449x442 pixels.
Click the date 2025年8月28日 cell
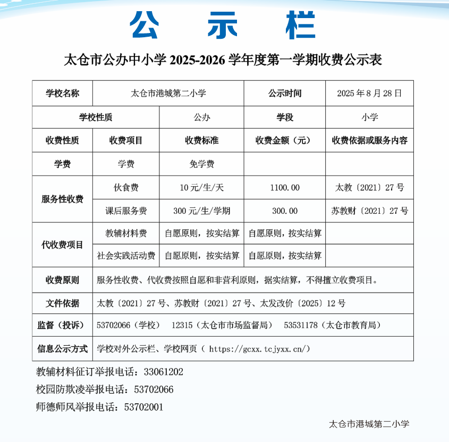pyautogui.click(x=369, y=93)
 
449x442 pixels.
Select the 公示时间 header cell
pyautogui.click(x=285, y=93)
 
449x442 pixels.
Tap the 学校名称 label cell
pyautogui.click(x=62, y=93)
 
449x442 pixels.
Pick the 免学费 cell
pyautogui.click(x=201, y=164)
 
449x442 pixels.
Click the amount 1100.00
pyautogui.click(x=285, y=188)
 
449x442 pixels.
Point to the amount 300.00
pyautogui.click(x=285, y=211)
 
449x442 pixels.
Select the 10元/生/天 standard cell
pyautogui.click(x=201, y=188)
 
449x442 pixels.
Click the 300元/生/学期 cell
pyautogui.click(x=201, y=211)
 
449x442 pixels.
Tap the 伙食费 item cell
pyautogui.click(x=126, y=188)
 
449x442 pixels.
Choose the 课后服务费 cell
pyautogui.click(x=126, y=211)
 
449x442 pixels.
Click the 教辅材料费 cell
pyautogui.click(x=126, y=233)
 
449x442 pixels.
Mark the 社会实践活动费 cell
pyautogui.click(x=126, y=255)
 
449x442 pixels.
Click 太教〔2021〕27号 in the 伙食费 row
pyautogui.click(x=369, y=188)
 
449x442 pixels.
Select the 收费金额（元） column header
pyautogui.click(x=285, y=141)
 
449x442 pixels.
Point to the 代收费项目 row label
pyautogui.click(x=62, y=245)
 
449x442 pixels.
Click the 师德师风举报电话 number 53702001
pyautogui.click(x=143, y=407)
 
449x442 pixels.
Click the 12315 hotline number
pyautogui.click(x=182, y=325)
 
